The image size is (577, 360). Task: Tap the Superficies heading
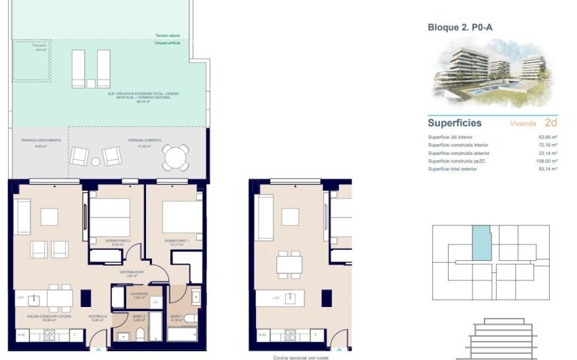tap(455, 124)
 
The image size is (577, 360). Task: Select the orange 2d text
tap(551, 123)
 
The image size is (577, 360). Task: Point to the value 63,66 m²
tap(548, 137)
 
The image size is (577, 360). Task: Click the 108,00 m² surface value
tap(546, 161)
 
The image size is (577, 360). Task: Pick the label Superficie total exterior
tap(452, 168)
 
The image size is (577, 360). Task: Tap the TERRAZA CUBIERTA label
tap(144, 140)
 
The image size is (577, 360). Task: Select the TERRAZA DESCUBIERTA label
tap(41, 140)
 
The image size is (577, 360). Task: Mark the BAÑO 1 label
tap(177, 317)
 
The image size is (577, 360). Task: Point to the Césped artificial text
tap(167, 42)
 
